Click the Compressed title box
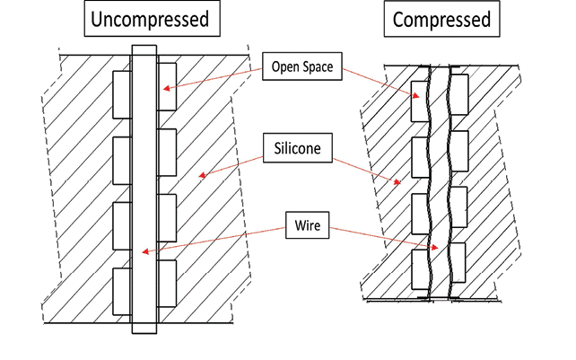click(442, 20)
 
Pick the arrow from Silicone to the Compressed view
click(368, 171)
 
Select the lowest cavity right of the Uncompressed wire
click(166, 285)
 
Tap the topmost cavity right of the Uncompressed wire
click(166, 85)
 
